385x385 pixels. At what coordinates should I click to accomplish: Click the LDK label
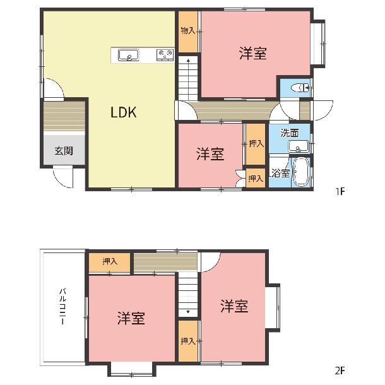pos(124,112)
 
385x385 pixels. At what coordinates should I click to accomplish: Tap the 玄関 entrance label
pos(64,150)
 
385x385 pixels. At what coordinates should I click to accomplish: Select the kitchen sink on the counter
pos(128,55)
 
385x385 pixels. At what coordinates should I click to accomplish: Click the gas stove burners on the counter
pos(165,55)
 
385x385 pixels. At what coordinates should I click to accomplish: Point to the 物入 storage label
pos(188,31)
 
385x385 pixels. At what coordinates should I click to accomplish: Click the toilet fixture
pos(300,88)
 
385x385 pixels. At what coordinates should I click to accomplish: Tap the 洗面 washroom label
pos(290,133)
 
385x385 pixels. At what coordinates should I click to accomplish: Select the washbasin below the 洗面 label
pos(299,146)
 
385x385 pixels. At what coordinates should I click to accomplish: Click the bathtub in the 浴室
pos(301,172)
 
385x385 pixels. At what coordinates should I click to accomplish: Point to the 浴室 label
pos(281,173)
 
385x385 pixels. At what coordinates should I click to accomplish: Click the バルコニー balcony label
pos(63,307)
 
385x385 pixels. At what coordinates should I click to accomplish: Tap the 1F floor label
pos(340,191)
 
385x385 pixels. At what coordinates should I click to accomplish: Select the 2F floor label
pos(340,370)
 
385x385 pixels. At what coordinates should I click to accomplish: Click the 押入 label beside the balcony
pos(110,261)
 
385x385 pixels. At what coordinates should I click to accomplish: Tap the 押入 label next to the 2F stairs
pos(188,341)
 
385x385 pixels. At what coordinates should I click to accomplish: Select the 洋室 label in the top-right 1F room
pos(253,53)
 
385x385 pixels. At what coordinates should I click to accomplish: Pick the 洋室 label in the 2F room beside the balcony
pos(131,318)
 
